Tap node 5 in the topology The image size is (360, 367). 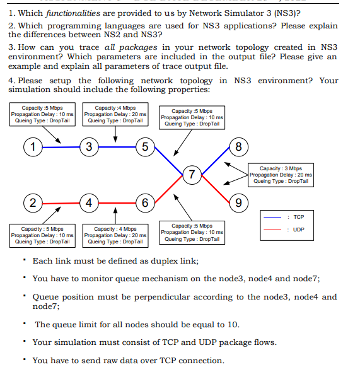tap(144, 148)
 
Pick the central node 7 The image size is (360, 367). tap(193, 174)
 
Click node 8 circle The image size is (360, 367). tap(238, 148)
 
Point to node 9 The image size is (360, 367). tap(238, 202)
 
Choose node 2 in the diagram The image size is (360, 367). tap(31, 202)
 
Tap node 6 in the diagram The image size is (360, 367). tap(144, 202)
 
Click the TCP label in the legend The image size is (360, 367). tap(298, 217)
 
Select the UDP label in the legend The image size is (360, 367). tap(298, 230)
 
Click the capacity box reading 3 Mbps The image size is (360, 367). tap(280, 175)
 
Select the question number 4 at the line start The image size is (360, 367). tap(11, 81)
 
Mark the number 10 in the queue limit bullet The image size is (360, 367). tap(233, 324)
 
